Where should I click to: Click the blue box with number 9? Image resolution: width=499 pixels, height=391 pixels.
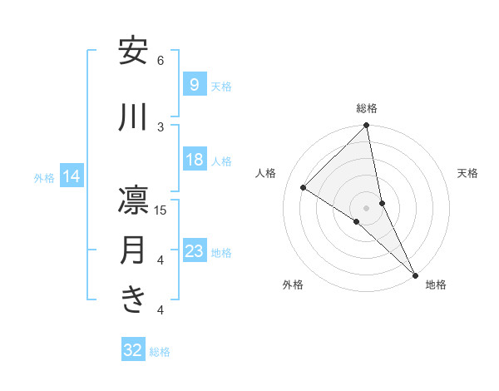click(x=194, y=85)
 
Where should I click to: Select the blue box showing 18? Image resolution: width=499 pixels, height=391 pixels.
click(x=194, y=160)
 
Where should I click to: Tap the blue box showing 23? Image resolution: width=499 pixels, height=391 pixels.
click(x=194, y=251)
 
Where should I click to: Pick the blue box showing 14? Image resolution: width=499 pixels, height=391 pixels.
click(x=71, y=176)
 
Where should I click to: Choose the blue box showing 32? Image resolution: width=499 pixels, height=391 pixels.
click(x=133, y=350)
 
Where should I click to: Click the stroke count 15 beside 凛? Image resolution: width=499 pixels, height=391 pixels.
click(x=161, y=210)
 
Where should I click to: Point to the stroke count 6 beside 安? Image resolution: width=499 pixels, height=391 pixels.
click(x=161, y=61)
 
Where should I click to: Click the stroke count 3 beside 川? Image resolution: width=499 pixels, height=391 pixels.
click(x=161, y=126)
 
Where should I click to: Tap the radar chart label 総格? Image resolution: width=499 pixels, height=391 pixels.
click(x=367, y=108)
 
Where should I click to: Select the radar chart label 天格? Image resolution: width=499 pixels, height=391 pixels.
click(x=467, y=173)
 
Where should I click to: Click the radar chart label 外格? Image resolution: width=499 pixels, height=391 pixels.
click(x=293, y=285)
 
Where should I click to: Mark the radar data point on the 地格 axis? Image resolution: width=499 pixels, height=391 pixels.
click(x=415, y=275)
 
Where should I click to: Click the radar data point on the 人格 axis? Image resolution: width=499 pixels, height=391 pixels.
click(x=304, y=187)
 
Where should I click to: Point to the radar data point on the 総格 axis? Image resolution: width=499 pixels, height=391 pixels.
click(x=367, y=126)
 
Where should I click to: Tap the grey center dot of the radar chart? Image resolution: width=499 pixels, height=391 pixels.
click(x=367, y=207)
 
